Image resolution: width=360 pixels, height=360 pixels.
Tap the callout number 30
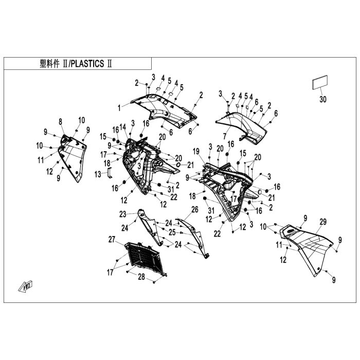pos(322,99)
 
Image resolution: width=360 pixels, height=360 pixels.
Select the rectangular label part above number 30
pos(319,84)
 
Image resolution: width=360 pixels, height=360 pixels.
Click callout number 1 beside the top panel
pos(119,108)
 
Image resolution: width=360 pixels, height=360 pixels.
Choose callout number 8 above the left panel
pos(60,121)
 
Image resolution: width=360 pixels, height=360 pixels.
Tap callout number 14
pos(122,127)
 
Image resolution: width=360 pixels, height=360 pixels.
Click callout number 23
pos(123,213)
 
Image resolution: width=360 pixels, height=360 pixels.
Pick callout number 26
pos(194,209)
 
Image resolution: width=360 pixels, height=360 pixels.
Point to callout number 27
pos(111,239)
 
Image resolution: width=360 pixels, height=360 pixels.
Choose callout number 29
pos(323,222)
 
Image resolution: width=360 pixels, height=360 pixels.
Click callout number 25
pos(171,232)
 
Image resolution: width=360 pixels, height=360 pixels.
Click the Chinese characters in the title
pos(49,64)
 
